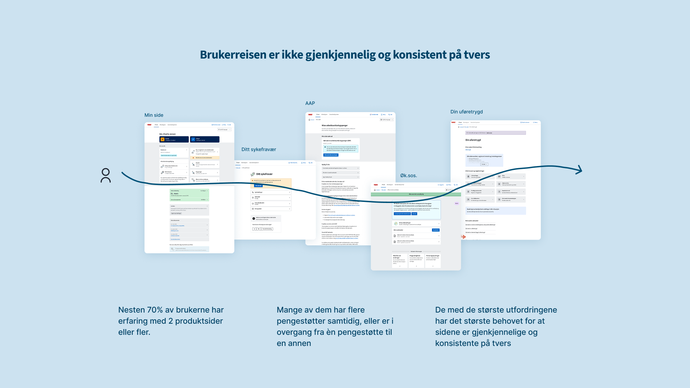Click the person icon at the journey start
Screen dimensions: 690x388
(106, 175)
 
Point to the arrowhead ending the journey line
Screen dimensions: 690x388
(579, 170)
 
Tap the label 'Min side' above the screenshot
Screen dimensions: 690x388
(154, 115)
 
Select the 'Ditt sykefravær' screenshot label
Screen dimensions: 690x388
(259, 149)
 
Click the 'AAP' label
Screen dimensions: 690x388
(310, 103)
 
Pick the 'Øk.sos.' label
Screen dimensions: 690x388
(409, 175)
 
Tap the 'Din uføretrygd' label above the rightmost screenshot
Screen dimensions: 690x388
(466, 112)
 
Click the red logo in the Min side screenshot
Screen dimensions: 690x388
(149, 125)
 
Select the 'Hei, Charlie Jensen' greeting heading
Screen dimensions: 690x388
(167, 134)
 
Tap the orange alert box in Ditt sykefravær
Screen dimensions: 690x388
(271, 183)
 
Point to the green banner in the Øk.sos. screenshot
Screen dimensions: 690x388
(416, 194)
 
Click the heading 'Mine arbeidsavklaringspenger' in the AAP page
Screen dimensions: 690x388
(335, 125)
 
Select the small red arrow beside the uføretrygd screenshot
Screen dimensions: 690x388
(463, 237)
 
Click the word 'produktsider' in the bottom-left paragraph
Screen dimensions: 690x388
(199, 321)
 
